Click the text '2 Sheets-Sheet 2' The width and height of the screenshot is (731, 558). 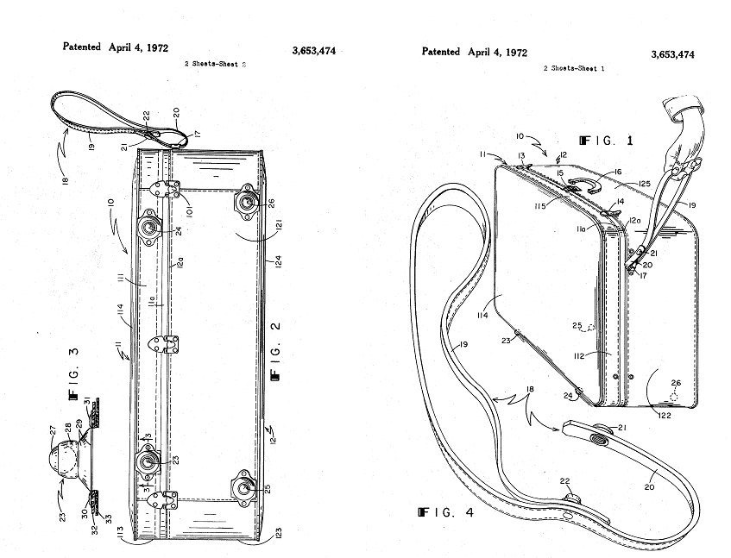[x=217, y=64]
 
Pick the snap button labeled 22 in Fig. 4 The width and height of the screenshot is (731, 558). [x=570, y=501]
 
